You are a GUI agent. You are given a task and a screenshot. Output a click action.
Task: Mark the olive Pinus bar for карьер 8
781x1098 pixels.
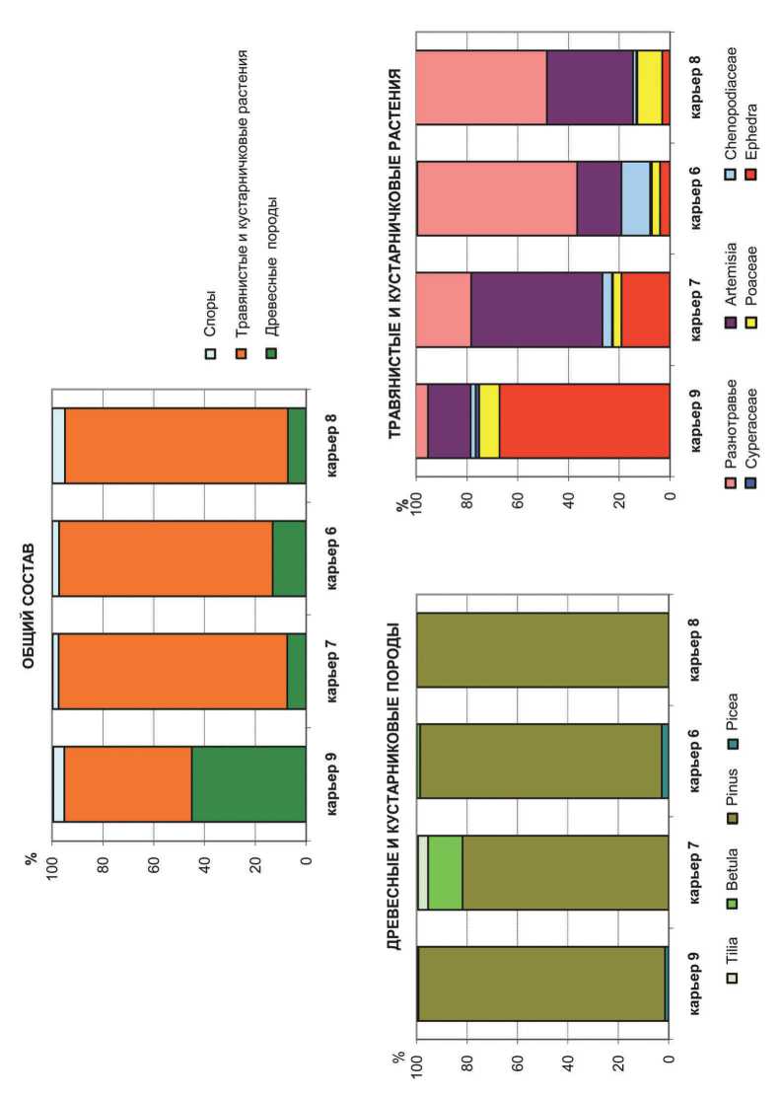[x=542, y=651]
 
